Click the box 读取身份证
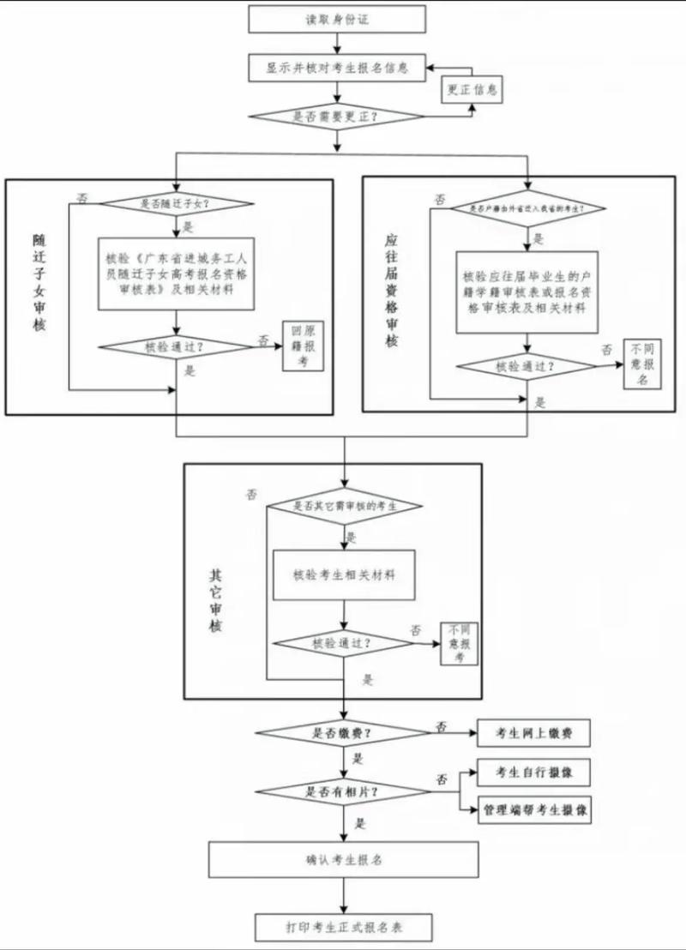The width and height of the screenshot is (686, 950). point(337,19)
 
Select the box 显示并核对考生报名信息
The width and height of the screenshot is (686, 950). point(337,67)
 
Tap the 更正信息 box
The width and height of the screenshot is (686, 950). point(471,90)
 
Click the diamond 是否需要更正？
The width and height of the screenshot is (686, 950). point(337,115)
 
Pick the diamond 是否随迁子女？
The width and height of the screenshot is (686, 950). point(176,204)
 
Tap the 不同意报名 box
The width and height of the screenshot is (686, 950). point(641,364)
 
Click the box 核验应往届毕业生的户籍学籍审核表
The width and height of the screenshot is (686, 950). point(526,292)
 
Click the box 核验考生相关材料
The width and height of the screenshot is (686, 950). point(344,573)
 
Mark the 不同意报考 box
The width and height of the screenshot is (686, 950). point(461,645)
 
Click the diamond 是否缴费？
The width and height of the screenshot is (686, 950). point(344,734)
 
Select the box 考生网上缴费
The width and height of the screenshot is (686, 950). point(534,734)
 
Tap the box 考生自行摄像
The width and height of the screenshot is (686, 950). point(534,773)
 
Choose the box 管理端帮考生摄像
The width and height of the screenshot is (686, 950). point(534,809)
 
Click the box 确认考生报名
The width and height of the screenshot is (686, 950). point(344,859)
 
